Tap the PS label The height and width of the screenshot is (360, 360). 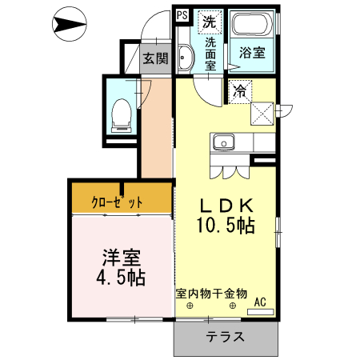click(182, 14)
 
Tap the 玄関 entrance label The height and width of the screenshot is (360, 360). click(156, 58)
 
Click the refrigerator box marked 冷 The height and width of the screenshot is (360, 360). click(240, 91)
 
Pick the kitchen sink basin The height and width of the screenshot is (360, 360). click(222, 143)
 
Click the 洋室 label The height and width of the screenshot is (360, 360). click(122, 259)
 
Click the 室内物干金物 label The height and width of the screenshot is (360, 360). click(211, 294)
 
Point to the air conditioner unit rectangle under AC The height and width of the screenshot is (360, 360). click(260, 310)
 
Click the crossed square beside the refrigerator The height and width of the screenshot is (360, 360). click(262, 113)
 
